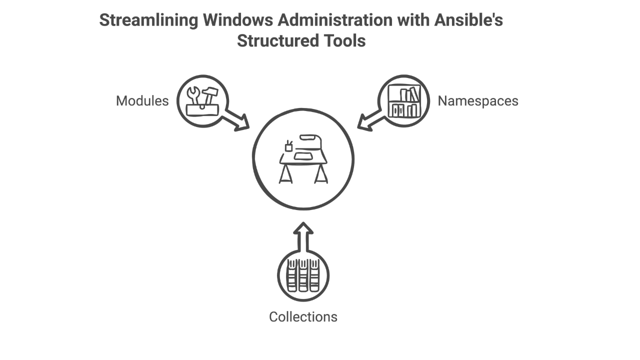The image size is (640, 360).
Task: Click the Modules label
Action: click(142, 101)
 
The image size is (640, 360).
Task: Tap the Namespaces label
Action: click(477, 101)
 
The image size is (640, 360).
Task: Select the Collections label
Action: click(303, 317)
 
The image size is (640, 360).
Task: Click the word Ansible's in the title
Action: click(468, 20)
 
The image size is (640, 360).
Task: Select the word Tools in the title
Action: click(345, 40)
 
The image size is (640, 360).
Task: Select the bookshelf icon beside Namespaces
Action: click(403, 100)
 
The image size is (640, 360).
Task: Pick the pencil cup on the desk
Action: click(288, 146)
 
